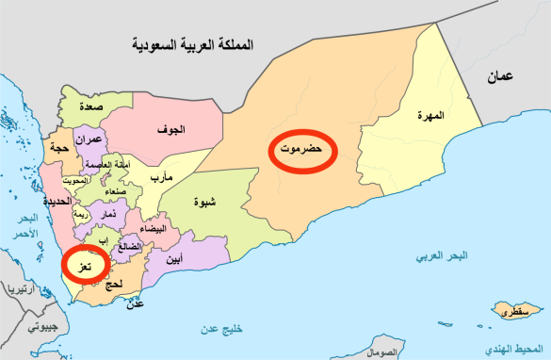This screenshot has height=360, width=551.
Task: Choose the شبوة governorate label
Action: (x=201, y=201)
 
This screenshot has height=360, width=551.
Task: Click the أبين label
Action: (x=173, y=257)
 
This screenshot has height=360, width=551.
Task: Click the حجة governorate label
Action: (x=58, y=148)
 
